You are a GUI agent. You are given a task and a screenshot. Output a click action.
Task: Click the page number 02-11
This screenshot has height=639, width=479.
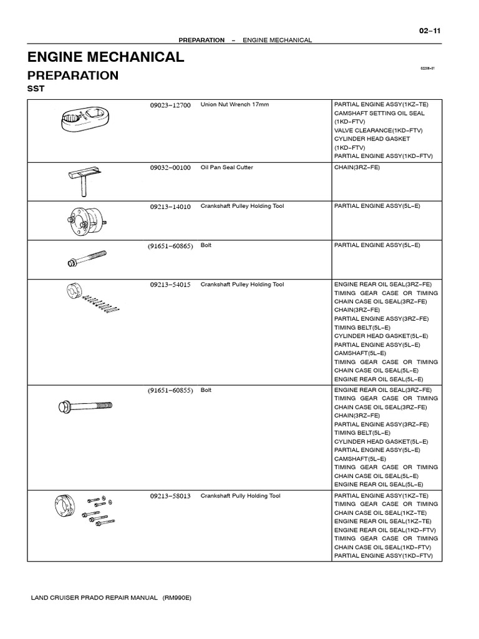430,31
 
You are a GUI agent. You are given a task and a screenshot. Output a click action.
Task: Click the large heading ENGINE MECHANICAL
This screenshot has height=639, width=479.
105,57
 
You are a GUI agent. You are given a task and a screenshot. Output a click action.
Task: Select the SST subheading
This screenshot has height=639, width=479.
36,89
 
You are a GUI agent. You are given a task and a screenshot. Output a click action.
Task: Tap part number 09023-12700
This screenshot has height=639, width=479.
170,105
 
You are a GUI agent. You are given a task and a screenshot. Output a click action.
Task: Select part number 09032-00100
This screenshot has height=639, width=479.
170,167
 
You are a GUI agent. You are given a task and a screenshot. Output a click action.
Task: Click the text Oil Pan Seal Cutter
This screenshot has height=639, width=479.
226,167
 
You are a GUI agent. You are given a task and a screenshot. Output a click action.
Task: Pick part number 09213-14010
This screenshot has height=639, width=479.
170,207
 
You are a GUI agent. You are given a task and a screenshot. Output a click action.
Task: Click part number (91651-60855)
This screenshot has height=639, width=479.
170,391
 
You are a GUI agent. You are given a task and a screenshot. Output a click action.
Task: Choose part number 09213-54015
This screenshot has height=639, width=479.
170,285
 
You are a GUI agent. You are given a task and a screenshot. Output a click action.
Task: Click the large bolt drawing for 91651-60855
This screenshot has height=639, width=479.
85,406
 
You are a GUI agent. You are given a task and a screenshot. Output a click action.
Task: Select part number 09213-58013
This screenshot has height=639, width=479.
170,496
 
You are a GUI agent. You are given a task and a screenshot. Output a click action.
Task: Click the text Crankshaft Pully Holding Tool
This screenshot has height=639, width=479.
240,496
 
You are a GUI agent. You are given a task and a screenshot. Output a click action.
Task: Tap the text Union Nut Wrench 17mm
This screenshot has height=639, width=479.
235,104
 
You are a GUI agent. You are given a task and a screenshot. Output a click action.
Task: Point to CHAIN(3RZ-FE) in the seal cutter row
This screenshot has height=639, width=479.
357,167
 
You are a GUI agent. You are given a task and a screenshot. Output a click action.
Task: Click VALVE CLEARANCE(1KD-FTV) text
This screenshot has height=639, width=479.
379,130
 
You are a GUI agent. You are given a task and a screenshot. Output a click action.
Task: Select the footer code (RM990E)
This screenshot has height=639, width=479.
177,598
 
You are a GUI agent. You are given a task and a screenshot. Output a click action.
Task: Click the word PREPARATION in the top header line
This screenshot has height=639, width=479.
201,40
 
